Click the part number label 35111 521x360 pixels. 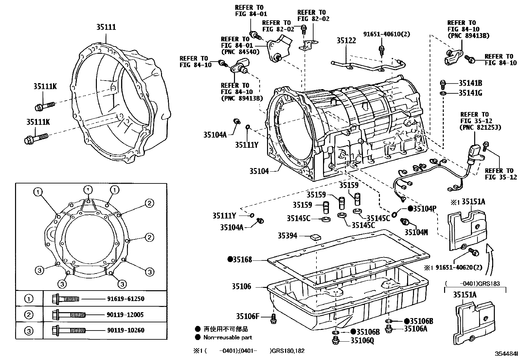(x=106, y=28)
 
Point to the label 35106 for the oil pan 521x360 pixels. (x=242, y=287)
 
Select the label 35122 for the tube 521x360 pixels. (x=346, y=41)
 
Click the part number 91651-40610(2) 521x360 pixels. (x=386, y=34)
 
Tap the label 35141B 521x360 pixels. (x=470, y=83)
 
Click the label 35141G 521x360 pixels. (x=470, y=93)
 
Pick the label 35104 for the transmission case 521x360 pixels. (x=259, y=171)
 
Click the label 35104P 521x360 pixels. (x=424, y=209)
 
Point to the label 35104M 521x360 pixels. (x=416, y=232)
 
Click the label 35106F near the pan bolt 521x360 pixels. (x=248, y=316)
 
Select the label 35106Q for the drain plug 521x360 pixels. (x=362, y=341)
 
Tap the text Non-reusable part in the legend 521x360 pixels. (x=227, y=337)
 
